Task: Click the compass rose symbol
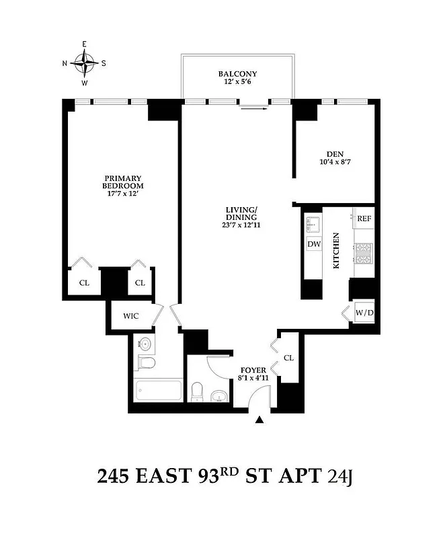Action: pos(85,64)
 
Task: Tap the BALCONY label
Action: pos(237,74)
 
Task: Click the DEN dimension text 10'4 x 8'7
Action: pos(333,161)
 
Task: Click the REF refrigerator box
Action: pos(364,219)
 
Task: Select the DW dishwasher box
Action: pos(314,244)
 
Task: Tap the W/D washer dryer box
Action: pos(364,312)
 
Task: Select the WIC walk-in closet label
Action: pos(130,316)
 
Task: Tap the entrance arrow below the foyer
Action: pos(259,420)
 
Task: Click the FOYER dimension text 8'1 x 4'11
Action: pos(255,379)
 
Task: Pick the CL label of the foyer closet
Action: pos(289,358)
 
